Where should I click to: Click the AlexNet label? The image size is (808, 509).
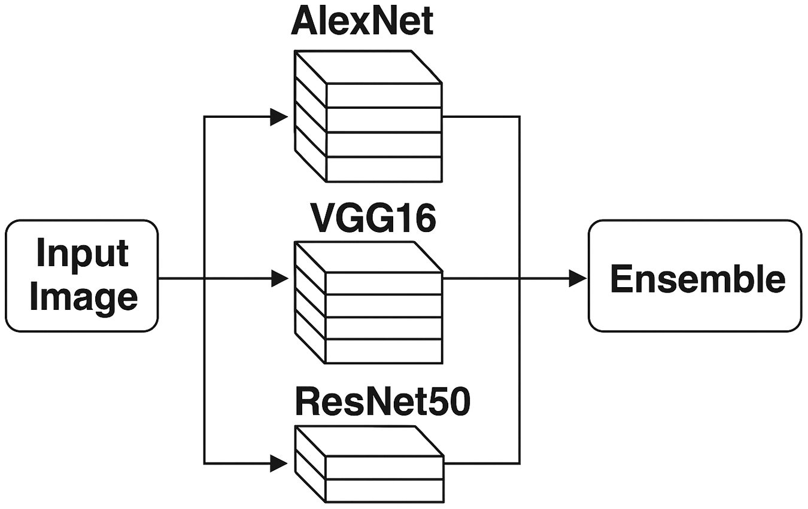[362, 23]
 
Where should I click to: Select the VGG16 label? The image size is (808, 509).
[372, 220]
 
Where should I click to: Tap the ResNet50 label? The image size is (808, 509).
[382, 404]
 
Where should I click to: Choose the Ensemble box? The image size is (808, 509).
[695, 276]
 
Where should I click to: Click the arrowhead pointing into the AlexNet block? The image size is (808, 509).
[280, 117]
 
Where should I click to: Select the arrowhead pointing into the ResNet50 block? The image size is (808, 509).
[280, 462]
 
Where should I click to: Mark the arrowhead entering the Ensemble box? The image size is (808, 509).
[578, 278]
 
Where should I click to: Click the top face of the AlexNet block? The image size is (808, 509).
[368, 67]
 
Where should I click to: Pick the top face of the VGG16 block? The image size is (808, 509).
[368, 257]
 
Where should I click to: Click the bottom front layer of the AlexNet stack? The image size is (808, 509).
[384, 169]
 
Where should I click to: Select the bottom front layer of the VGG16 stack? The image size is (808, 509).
[384, 351]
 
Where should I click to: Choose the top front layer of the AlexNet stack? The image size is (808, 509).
[384, 95]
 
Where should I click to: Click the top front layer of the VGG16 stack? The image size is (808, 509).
[384, 283]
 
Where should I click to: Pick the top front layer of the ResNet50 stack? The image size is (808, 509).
[384, 467]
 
